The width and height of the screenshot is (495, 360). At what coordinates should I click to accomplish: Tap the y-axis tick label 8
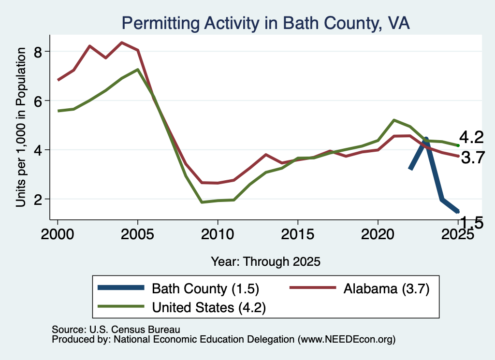[38, 52]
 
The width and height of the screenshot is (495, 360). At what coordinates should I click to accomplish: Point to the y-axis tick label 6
[38, 101]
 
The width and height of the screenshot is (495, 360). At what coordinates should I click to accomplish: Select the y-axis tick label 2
[38, 200]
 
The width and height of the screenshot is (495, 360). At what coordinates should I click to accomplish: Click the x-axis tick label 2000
[58, 234]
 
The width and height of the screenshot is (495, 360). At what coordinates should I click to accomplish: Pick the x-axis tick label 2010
[218, 234]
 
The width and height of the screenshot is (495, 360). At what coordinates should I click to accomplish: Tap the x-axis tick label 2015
[297, 234]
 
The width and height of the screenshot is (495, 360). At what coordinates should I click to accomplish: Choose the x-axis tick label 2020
[378, 234]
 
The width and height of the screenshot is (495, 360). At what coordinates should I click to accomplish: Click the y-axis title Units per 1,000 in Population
[21, 127]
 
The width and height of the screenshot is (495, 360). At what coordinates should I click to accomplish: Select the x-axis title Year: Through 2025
[265, 261]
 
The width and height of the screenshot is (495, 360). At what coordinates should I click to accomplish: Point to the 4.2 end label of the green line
[471, 138]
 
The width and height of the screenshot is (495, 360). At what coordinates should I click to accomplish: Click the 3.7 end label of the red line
[473, 157]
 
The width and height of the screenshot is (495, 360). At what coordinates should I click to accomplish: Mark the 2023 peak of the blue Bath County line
[426, 139]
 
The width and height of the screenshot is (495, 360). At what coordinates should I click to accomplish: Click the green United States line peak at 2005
[138, 70]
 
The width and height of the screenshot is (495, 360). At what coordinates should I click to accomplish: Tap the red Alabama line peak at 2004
[122, 43]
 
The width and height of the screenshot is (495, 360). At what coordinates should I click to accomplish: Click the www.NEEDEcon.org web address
[347, 339]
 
